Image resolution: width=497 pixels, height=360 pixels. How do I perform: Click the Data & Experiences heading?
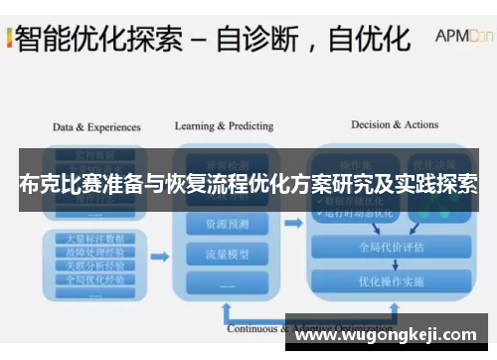pyautogui.click(x=96, y=127)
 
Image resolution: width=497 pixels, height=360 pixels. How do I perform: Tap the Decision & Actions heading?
pyautogui.click(x=395, y=124)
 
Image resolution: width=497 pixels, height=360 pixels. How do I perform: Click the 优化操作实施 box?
pyautogui.click(x=391, y=281)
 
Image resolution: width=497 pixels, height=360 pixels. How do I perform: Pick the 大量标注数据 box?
pyautogui.click(x=96, y=240)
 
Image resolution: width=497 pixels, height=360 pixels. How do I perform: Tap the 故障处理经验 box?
pyautogui.click(x=96, y=252)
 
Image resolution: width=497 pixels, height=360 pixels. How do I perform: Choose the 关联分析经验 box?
pyautogui.click(x=96, y=265)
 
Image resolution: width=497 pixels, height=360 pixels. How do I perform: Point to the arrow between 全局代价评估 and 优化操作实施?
pyautogui.click(x=391, y=266)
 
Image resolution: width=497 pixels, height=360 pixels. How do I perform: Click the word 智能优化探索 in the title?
pyautogui.click(x=97, y=40)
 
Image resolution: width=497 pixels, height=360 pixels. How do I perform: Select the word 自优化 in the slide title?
pyautogui.click(x=370, y=40)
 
